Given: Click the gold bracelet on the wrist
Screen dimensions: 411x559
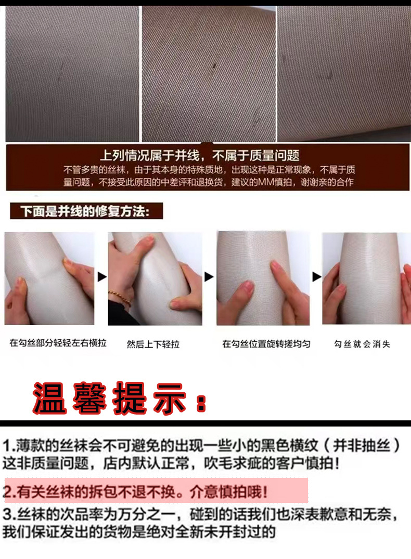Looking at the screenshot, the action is [x=120, y=298].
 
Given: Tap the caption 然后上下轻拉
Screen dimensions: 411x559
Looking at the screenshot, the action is [x=153, y=344].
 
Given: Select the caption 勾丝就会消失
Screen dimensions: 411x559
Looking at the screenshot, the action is [x=362, y=344].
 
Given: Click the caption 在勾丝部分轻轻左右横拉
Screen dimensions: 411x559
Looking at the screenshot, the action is [x=58, y=343].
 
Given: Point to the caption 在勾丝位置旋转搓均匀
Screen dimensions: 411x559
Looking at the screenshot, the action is [x=266, y=344].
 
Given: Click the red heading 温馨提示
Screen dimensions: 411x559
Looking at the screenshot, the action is [x=120, y=398].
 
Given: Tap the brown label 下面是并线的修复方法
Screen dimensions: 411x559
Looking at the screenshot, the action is [x=86, y=211].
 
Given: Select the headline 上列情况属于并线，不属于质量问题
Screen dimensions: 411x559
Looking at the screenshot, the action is [x=200, y=155].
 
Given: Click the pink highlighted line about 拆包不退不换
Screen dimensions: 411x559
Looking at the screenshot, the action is [x=156, y=491].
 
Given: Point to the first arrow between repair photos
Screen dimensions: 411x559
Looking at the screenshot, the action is [x=102, y=277].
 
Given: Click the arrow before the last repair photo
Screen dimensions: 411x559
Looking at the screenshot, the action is [x=317, y=277].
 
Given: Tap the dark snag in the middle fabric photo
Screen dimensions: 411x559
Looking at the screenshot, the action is [x=215, y=66].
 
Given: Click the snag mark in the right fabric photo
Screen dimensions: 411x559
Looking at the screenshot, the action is [x=329, y=75].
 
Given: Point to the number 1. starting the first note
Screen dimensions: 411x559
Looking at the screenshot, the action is [x=9, y=446].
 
